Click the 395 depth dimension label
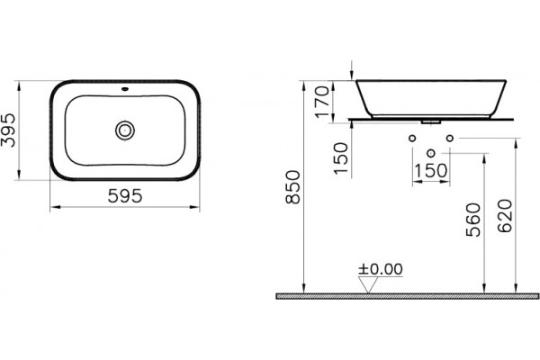coord(9,130)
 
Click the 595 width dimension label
coord(125,196)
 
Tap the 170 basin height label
coord(323,102)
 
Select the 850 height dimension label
coord(293,187)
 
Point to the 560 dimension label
coord(473,220)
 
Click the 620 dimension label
coord(505,216)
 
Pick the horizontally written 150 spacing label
coord(430,170)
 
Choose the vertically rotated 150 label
coord(341,158)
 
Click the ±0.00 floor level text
coord(381,269)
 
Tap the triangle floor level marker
coord(368,285)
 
